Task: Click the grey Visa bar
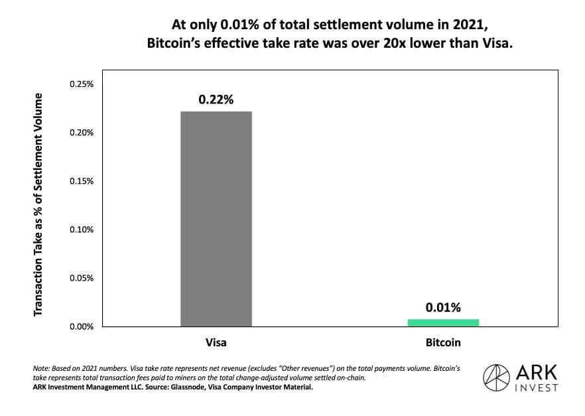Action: pos(216,218)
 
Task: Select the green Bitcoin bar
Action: pos(443,322)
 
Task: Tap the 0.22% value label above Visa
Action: pos(216,100)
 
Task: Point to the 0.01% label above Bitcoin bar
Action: pos(443,308)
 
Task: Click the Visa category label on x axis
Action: pos(216,343)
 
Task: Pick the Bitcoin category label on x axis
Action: pos(443,343)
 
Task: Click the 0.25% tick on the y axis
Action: pos(82,84)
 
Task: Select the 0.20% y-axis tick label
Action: pos(82,133)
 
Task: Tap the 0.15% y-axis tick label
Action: pos(82,181)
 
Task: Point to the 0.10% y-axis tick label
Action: pos(82,230)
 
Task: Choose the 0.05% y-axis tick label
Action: pos(82,278)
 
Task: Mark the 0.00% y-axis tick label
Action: pos(82,326)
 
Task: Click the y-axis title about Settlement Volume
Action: pos(38,205)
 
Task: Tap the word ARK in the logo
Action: pos(535,373)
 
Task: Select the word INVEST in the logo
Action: pos(535,387)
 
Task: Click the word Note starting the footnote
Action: pos(41,367)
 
